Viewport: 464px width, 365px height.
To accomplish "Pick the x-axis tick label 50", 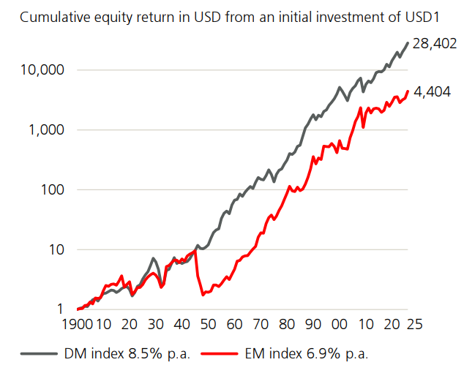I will (208, 324).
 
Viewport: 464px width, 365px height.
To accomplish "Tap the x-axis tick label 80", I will (286, 324).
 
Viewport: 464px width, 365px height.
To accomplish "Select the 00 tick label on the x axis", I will (339, 324).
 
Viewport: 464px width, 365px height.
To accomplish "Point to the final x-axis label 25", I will (416, 324).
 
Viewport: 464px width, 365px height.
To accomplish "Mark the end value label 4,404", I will (433, 94).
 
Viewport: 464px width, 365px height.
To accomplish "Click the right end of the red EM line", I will (408, 91).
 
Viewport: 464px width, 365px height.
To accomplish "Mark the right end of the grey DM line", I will (408, 42).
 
